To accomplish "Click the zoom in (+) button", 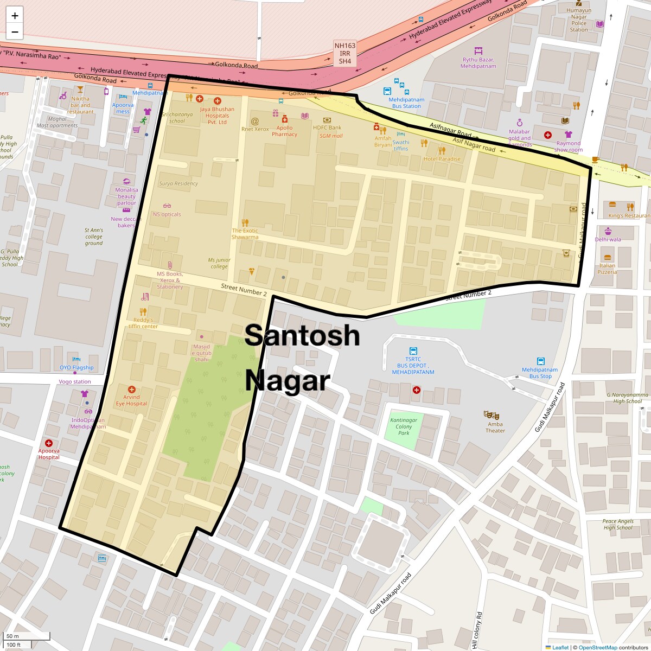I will click(15, 16).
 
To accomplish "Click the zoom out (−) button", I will click(15, 32).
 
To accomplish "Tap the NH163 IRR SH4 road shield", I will click(345, 54).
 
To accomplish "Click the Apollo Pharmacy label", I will click(284, 131).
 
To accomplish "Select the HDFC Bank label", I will click(327, 128).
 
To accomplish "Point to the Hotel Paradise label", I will click(442, 159).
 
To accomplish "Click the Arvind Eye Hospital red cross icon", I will click(131, 390).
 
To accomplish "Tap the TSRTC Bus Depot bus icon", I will click(413, 351).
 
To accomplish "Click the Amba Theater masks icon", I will click(488, 414).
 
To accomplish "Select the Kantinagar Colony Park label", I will click(404, 426).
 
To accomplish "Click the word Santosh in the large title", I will click(302, 335).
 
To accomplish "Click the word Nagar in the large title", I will click(287, 380).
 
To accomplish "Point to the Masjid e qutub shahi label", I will click(201, 353).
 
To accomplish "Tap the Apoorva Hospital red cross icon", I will click(49, 443).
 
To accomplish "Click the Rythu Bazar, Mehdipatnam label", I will click(478, 63).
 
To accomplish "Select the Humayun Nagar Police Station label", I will click(579, 20).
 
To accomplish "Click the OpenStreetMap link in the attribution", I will click(597, 647).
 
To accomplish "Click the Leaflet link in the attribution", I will click(560, 647).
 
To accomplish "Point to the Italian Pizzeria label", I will click(607, 269).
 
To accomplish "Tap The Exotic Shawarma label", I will click(245, 234).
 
